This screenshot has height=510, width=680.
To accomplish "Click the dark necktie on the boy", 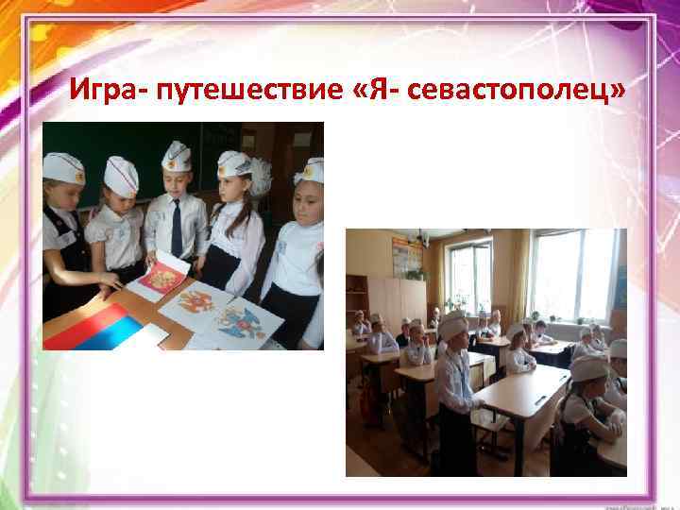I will (x=177, y=229).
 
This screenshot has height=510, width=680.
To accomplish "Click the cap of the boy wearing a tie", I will (x=176, y=156).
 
